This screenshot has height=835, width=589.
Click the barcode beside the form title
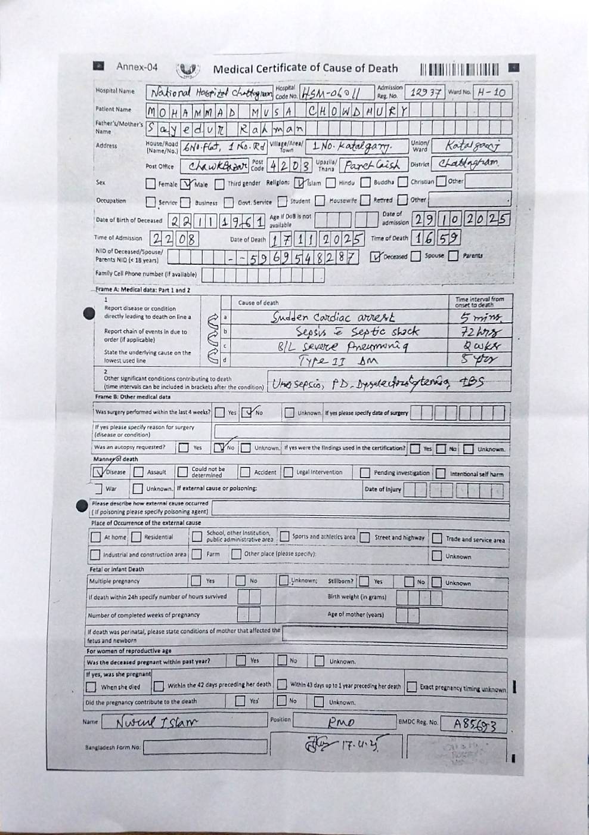point(463,69)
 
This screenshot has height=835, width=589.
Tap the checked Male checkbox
point(187,184)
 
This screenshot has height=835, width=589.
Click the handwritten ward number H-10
point(492,92)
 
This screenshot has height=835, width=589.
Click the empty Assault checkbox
point(138,472)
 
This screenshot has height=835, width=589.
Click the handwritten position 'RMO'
point(341,723)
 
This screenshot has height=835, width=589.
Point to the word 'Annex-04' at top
point(137,67)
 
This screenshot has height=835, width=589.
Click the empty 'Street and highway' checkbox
point(364,537)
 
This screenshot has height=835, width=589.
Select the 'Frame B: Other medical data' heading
point(132,397)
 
